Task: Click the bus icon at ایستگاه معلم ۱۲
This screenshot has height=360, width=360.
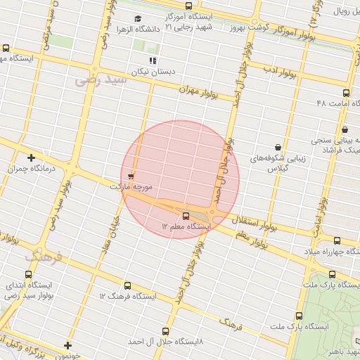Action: tap(186, 216)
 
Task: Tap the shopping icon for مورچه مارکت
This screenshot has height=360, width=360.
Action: tap(131, 176)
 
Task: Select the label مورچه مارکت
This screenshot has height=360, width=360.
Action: tap(131, 188)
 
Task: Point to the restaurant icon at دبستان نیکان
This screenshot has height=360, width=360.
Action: tap(153, 60)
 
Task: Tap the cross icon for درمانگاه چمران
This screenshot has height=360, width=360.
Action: tap(31, 157)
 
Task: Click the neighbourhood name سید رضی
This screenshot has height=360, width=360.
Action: tap(100, 80)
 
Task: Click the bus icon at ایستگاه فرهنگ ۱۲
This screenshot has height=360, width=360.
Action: tap(127, 285)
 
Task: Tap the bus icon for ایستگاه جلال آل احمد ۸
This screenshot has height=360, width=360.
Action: tap(166, 330)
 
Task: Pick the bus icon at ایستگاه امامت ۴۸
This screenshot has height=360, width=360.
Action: tap(345, 93)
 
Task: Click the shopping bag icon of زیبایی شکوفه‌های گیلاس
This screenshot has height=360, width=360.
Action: tap(278, 147)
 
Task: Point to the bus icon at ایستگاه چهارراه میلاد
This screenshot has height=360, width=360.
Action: tap(337, 240)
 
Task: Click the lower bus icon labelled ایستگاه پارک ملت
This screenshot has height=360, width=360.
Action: tap(299, 316)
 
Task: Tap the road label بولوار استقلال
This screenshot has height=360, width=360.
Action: tap(255, 224)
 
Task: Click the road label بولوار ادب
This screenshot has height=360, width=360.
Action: tap(281, 72)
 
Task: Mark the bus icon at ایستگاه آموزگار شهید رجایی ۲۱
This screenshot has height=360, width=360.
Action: tap(188, 6)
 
